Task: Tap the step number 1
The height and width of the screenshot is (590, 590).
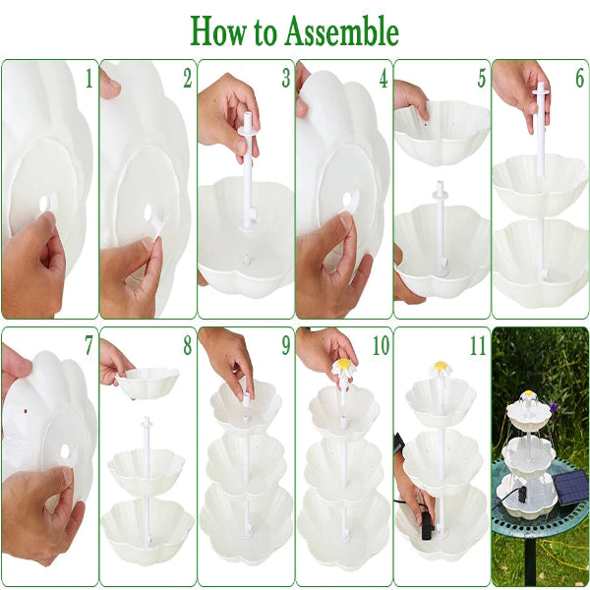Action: click(88, 79)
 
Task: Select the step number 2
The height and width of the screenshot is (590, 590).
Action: click(187, 79)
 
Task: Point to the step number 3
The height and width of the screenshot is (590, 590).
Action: click(285, 79)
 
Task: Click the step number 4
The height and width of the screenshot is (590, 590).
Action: click(383, 79)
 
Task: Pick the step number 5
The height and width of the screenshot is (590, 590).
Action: click(481, 79)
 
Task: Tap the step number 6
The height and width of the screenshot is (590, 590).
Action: click(579, 79)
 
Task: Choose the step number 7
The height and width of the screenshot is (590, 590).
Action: click(88, 346)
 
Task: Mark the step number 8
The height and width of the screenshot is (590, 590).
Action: click(187, 346)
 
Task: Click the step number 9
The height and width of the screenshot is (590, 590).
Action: click(285, 346)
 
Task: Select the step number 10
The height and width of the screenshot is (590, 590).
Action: click(380, 346)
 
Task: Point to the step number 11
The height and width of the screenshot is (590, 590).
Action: click(478, 346)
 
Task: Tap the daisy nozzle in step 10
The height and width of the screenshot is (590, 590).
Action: click(342, 368)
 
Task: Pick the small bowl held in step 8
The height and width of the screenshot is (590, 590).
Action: click(148, 382)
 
